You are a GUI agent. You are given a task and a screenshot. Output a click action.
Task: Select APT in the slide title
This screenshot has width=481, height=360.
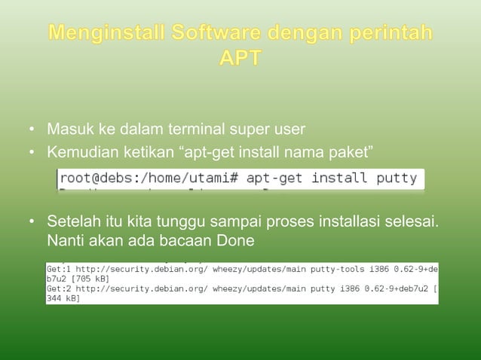(240, 58)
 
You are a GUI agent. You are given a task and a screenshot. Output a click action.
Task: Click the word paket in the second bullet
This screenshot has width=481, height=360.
(348, 154)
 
